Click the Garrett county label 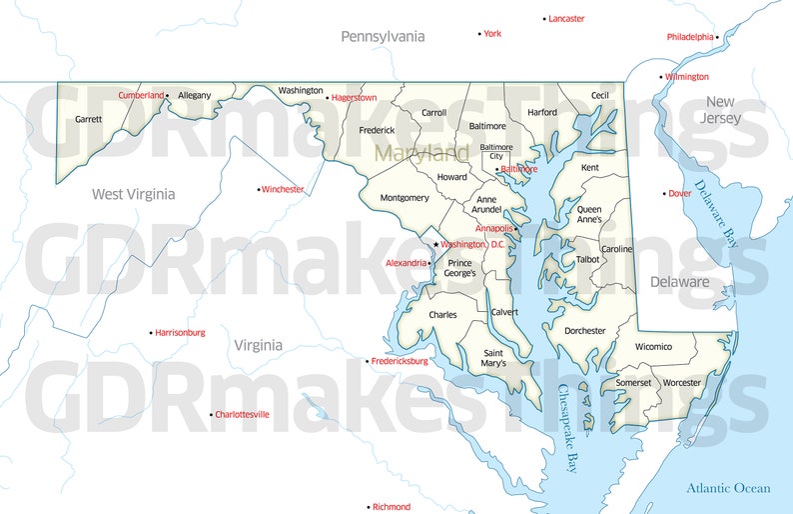pos(88,119)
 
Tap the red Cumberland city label pos(141,95)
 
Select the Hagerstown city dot pos(328,98)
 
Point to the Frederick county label pos(377,130)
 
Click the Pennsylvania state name pos(383,37)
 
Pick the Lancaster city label pos(566,19)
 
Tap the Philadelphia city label pos(690,37)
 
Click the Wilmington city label pos(687,77)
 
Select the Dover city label pos(679,193)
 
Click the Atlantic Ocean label pos(728,488)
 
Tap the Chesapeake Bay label pos(568,427)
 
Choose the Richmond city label pos(391,507)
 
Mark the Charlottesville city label pos(242,414)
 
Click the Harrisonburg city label pos(180,332)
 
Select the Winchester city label pos(283,189)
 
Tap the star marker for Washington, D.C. pos(435,244)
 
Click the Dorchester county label pos(584,331)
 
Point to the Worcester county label pos(682,383)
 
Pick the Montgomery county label pos(404,198)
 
